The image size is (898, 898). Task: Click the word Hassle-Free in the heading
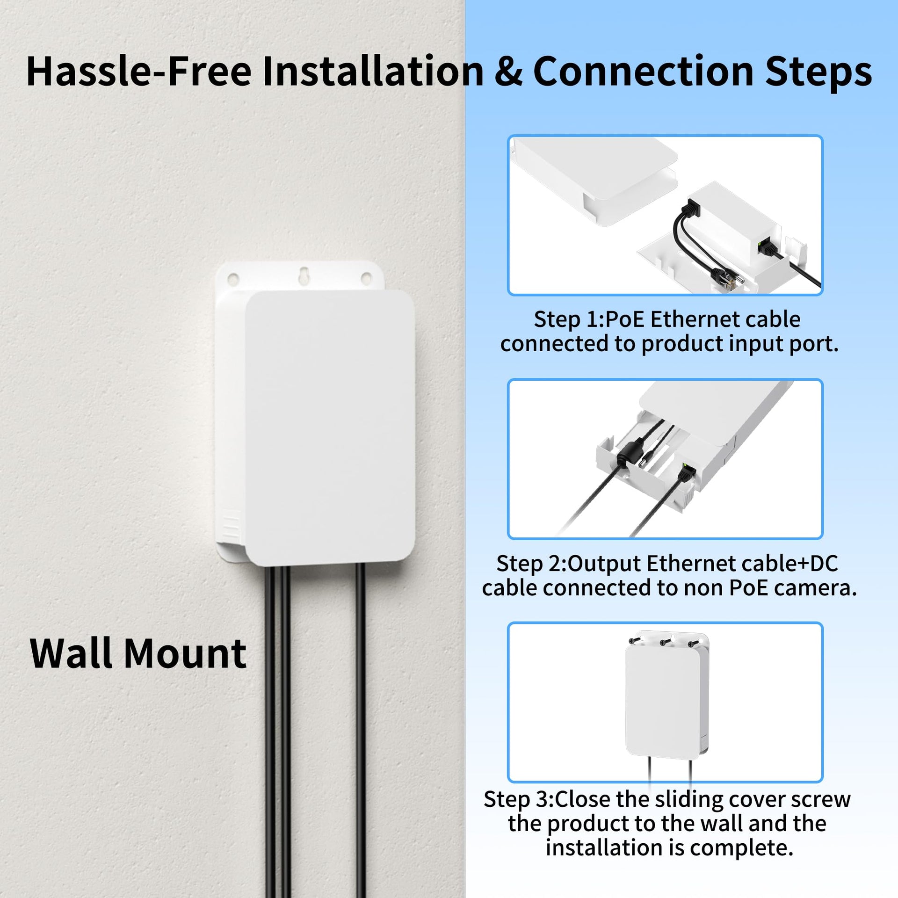tap(139, 71)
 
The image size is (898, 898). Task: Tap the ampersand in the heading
tap(508, 71)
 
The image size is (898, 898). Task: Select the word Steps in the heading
tap(818, 72)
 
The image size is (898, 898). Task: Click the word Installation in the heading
tap(373, 71)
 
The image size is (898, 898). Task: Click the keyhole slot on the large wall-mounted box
tap(304, 275)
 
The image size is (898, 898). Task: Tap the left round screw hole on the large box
tap(233, 280)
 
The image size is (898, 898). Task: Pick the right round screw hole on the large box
tap(366, 279)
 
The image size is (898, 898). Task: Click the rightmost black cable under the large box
tap(361, 730)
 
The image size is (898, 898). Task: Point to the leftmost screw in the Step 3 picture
tap(635, 640)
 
